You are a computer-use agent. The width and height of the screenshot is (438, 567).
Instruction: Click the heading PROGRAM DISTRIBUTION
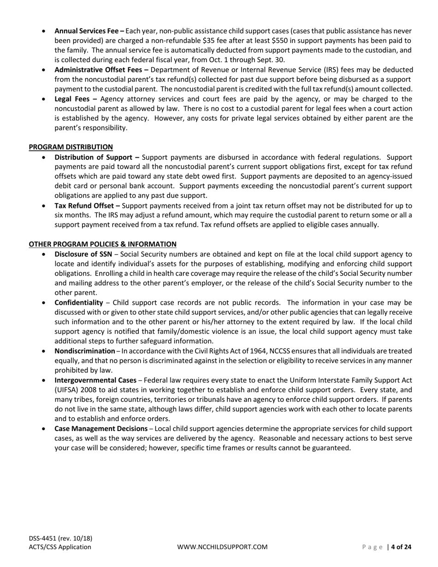point(71,147)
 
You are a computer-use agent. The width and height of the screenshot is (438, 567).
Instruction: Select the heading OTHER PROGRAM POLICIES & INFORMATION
point(102,244)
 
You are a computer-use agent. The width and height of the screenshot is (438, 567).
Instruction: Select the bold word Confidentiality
point(78,302)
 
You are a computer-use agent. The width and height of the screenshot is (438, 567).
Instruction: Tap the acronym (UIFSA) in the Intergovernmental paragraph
point(68,390)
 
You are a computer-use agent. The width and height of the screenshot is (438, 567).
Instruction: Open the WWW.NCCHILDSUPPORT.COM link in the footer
point(222,547)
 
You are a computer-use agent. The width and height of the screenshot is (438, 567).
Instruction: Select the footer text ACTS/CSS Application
point(60,547)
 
